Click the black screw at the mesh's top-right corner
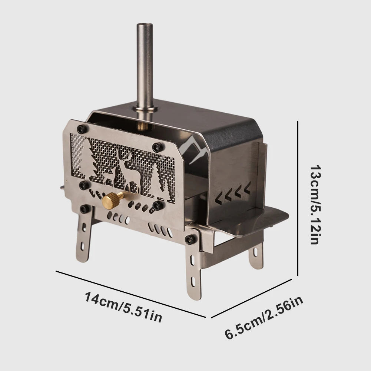click(x=158, y=147)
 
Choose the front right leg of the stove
click(x=193, y=274)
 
